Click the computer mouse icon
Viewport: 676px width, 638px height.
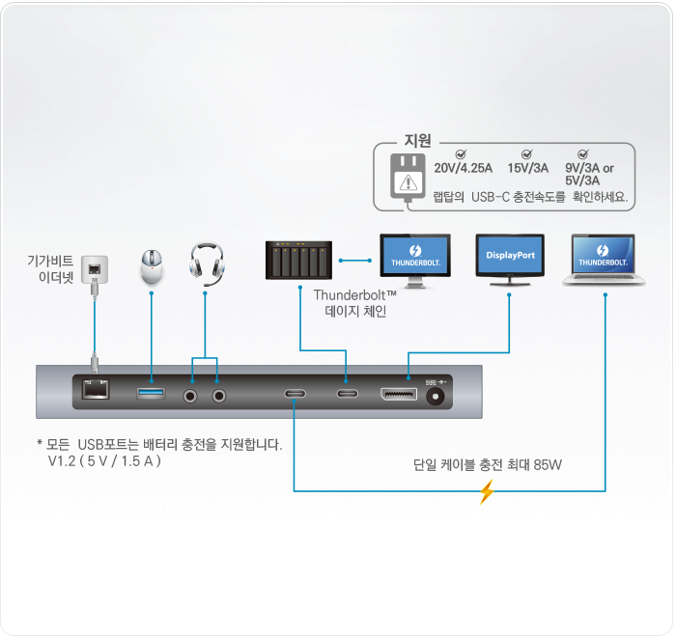[152, 265]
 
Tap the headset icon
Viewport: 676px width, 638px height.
[206, 263]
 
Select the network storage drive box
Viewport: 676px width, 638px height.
[299, 260]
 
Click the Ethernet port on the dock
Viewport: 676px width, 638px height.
[95, 390]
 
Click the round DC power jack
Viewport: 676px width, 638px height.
[440, 396]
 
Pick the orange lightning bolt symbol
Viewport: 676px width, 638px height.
[487, 493]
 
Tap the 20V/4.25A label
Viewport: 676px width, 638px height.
[464, 168]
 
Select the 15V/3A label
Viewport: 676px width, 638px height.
[528, 168]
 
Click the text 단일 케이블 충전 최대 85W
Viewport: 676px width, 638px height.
[487, 465]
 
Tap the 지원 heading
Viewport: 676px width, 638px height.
[417, 141]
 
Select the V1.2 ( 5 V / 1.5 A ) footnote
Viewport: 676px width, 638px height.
[103, 461]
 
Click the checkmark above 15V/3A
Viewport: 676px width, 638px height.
[527, 153]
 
